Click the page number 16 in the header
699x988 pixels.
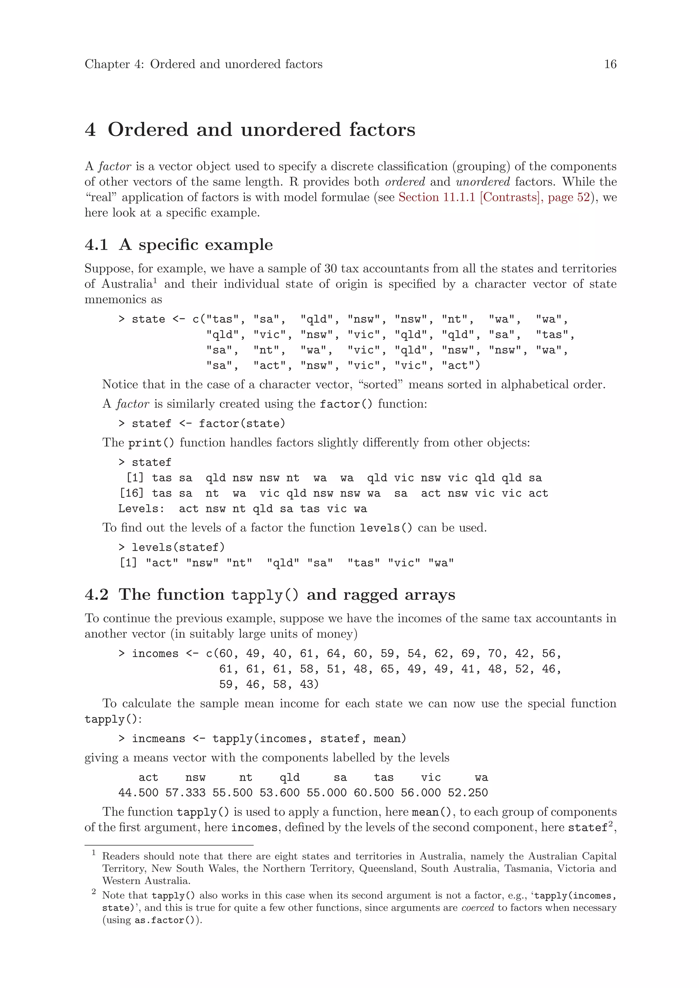pos(610,64)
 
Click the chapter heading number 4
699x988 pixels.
pos(90,130)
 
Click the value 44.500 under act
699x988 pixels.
pos(138,793)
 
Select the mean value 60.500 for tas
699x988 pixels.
pos(374,793)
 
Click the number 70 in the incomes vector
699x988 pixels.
pos(495,654)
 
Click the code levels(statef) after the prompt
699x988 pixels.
pos(178,547)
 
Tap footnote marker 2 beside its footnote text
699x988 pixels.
pos(94,892)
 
